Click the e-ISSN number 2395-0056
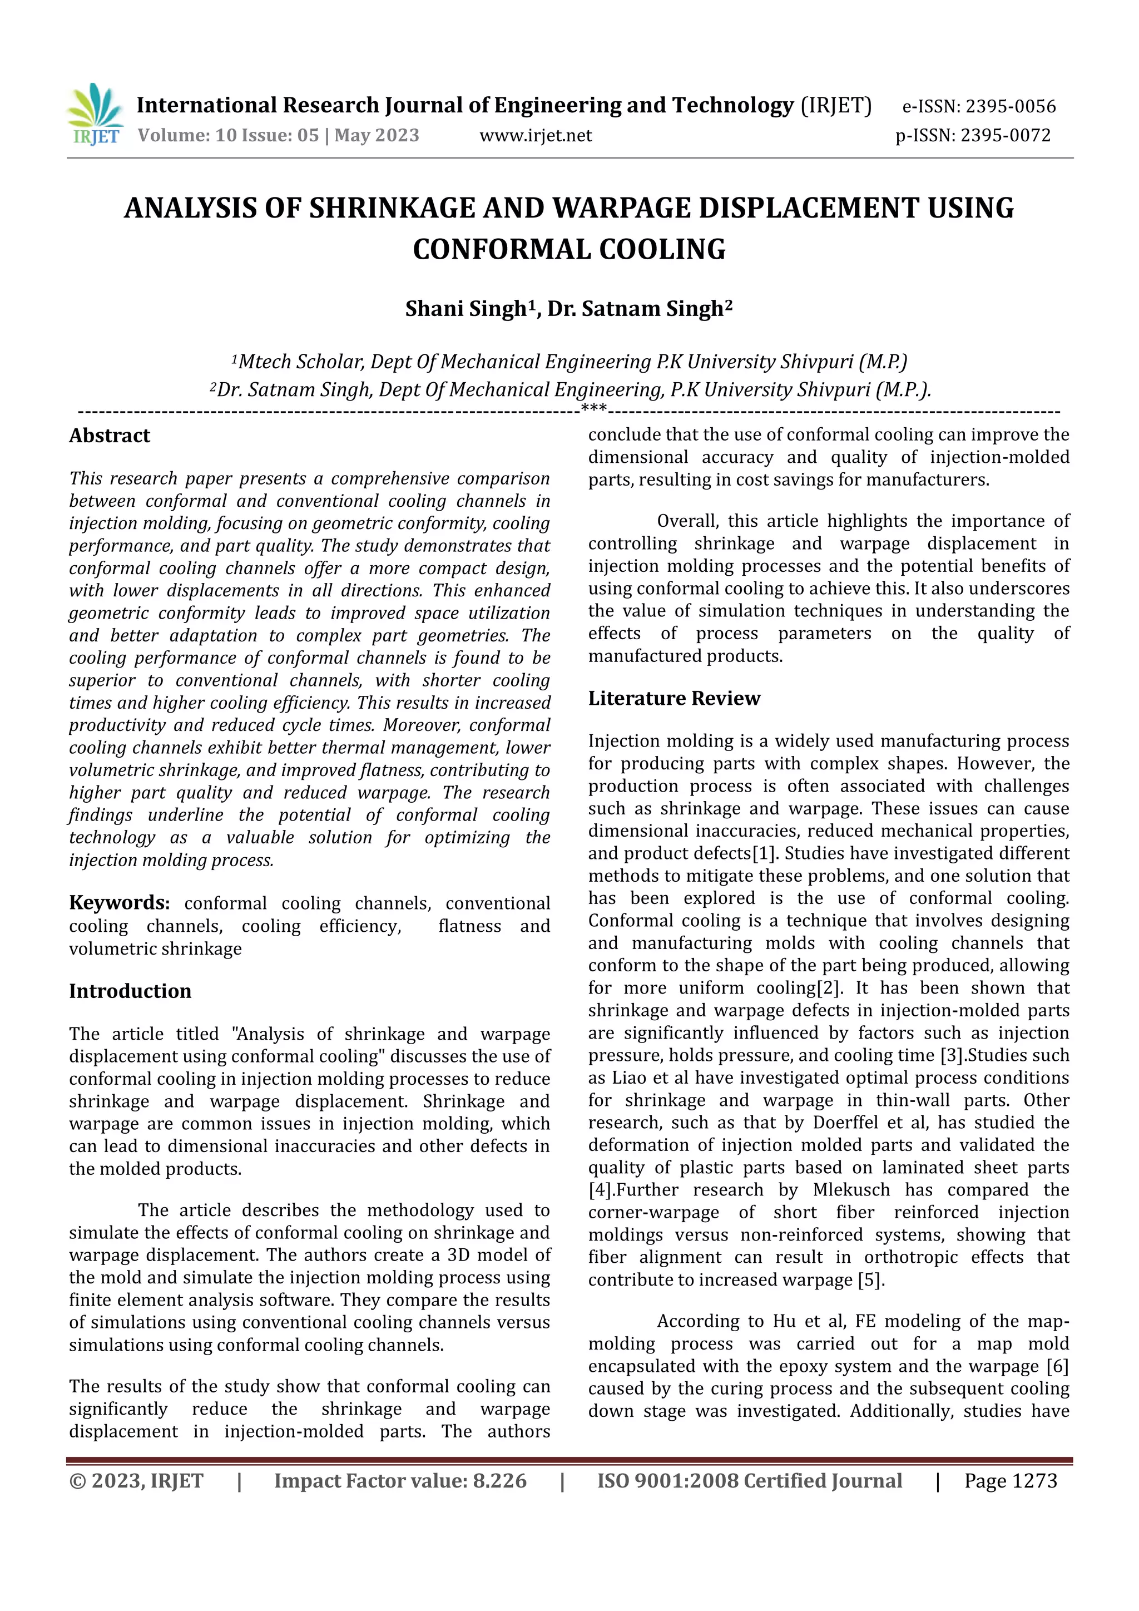1010,107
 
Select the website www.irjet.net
535,135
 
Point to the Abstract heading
110,436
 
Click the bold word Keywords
118,902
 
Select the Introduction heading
130,991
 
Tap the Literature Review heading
674,698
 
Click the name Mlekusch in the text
851,1190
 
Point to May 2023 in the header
377,135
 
